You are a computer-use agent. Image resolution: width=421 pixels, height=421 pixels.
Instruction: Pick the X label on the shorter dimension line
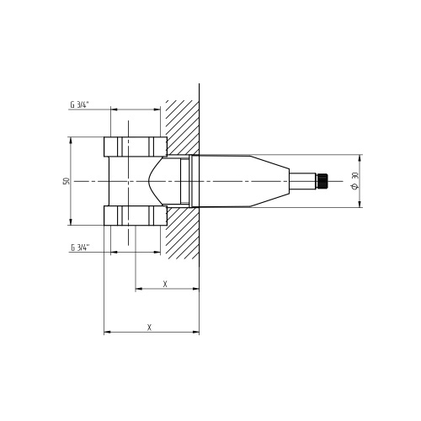coord(165,285)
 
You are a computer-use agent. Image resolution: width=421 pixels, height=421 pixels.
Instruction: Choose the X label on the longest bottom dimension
coord(149,327)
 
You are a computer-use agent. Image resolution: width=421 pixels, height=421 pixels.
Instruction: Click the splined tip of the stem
coord(321,180)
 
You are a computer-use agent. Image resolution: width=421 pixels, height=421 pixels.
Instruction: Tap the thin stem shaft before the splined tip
coord(301,180)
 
